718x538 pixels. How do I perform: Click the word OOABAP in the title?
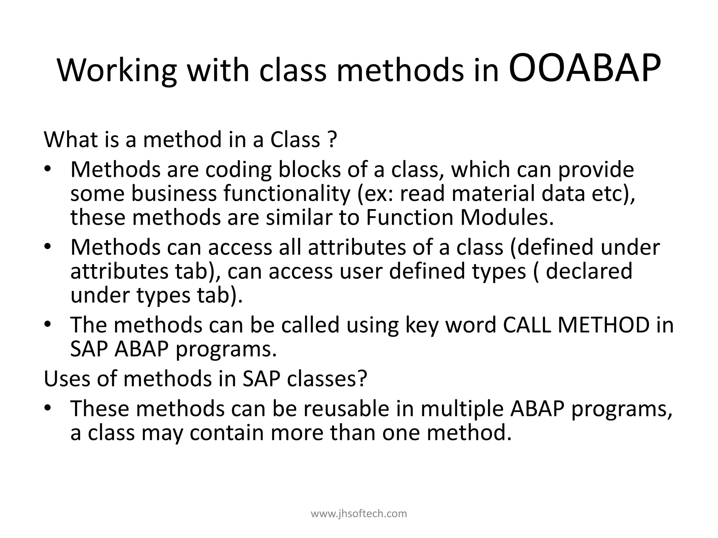pos(584,69)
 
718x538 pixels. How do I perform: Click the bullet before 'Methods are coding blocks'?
pos(48,170)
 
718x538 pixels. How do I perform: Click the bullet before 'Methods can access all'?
pos(48,247)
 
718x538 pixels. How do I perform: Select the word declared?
pos(589,271)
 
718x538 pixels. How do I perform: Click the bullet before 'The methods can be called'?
pos(48,325)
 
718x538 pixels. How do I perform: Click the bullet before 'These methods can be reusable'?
pos(48,408)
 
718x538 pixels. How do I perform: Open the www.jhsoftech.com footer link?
pos(359,513)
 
